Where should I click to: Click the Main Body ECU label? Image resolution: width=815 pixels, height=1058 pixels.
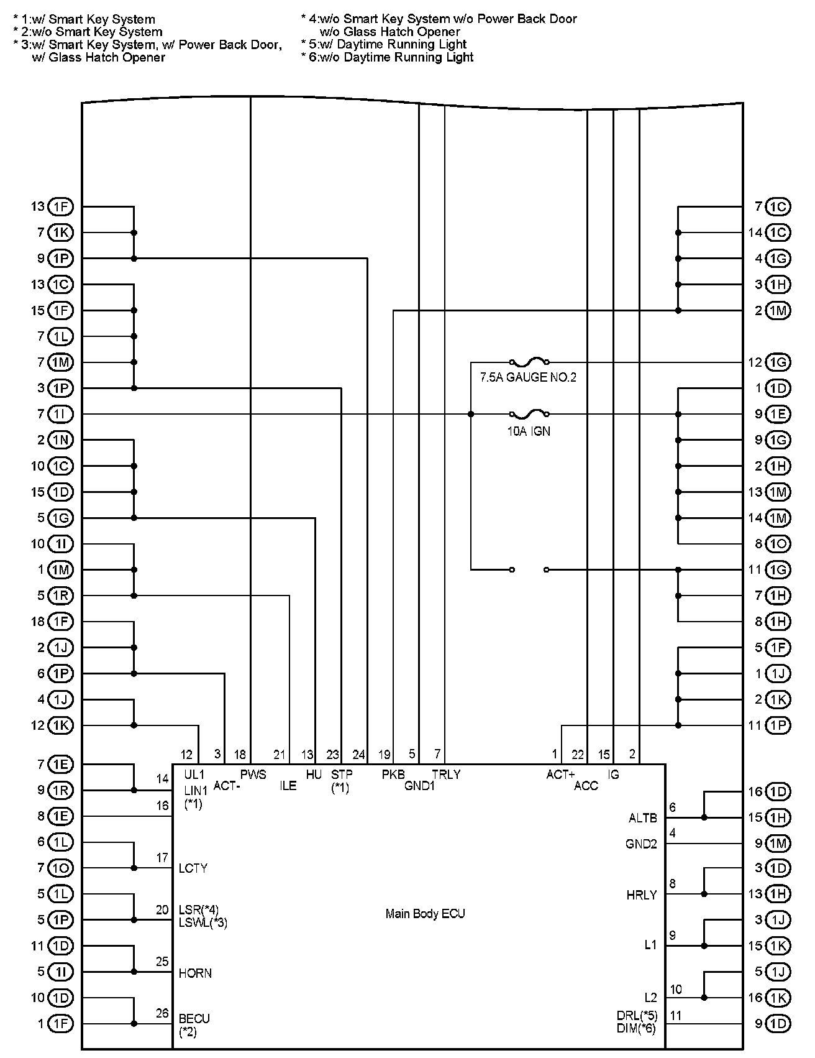(425, 914)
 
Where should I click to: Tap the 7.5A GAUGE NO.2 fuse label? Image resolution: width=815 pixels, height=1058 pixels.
(528, 377)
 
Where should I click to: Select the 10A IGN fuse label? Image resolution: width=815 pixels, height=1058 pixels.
(529, 431)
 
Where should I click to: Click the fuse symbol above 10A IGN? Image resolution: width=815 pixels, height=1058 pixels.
(529, 413)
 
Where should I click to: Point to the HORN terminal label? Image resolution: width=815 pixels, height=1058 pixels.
(195, 973)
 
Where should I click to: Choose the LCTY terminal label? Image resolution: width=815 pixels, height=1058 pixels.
(193, 868)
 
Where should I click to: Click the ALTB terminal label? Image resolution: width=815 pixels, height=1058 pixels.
(642, 819)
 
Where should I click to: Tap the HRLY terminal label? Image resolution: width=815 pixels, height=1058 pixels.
(642, 896)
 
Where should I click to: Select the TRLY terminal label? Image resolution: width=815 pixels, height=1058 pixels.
(446, 775)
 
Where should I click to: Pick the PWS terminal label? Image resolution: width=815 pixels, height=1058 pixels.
(253, 775)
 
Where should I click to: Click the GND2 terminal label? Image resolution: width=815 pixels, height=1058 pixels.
(641, 844)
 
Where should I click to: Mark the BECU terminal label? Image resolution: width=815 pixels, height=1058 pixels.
(194, 1019)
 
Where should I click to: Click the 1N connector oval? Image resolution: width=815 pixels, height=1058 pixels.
(60, 440)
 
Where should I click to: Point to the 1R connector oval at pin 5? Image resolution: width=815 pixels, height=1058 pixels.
(60, 596)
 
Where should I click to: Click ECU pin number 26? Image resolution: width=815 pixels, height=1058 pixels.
(162, 1013)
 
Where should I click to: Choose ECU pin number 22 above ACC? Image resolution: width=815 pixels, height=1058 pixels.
(578, 755)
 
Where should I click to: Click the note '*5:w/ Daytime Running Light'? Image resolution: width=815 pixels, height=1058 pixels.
(384, 44)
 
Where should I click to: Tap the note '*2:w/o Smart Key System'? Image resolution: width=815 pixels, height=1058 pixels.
(88, 32)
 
